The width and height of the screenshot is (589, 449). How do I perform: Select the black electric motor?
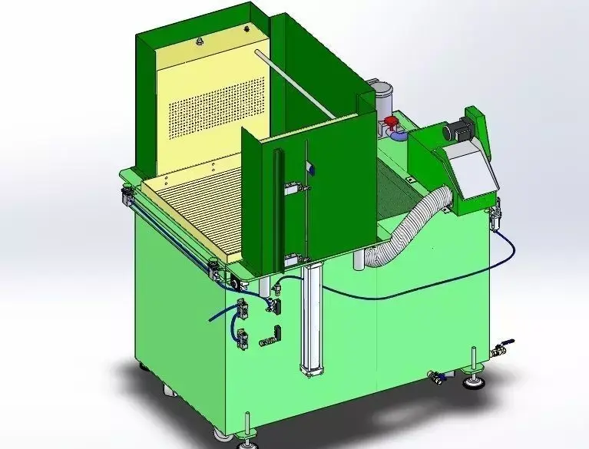pyautogui.click(x=458, y=131)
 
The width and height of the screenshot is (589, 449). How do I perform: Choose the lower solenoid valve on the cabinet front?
pyautogui.click(x=243, y=338)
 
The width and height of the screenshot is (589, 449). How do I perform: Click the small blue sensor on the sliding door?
pyautogui.click(x=308, y=168)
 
